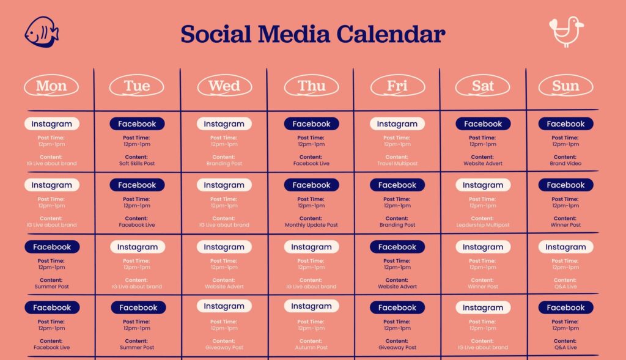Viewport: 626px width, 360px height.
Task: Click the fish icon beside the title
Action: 42,32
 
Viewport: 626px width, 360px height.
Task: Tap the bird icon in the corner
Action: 565,32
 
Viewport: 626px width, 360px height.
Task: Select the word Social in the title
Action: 218,34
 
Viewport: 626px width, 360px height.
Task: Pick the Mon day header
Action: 51,86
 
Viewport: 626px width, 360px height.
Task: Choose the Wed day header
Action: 224,86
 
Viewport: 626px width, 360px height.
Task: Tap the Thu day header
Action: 311,86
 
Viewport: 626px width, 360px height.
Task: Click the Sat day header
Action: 483,86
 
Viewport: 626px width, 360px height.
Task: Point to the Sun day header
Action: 565,86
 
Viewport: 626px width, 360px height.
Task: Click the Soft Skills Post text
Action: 137,164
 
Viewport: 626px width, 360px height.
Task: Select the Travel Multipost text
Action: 397,164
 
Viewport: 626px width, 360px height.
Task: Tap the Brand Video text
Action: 565,164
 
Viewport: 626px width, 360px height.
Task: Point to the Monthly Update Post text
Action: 311,225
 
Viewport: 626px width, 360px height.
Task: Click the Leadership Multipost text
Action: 483,225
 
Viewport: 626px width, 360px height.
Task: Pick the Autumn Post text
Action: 311,348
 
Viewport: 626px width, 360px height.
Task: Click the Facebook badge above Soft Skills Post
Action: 137,124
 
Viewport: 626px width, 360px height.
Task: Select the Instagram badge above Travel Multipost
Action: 397,124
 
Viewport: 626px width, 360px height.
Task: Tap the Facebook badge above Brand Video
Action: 565,124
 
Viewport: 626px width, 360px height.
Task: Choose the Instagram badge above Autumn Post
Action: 311,306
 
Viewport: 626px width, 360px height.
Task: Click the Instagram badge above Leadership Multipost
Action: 483,185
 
